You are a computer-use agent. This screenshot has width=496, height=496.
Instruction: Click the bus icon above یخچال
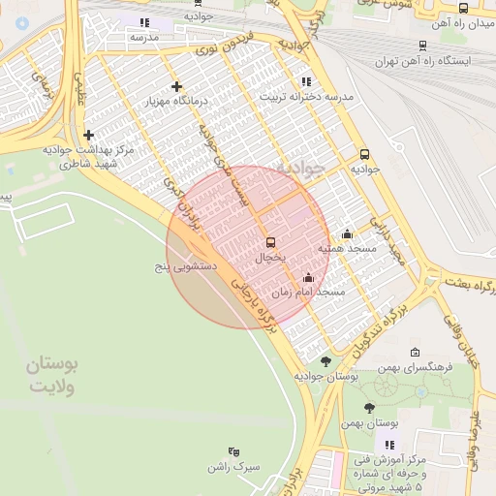click(270, 242)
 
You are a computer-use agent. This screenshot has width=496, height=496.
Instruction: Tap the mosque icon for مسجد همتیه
click(348, 233)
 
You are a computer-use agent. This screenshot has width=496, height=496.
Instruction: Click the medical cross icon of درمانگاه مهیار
click(176, 86)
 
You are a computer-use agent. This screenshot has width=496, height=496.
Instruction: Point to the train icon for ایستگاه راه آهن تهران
click(422, 45)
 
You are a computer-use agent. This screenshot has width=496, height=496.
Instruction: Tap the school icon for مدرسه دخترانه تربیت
click(307, 81)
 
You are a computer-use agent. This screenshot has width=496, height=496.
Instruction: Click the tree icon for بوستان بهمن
click(369, 408)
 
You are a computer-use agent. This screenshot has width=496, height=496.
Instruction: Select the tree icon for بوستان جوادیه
click(325, 360)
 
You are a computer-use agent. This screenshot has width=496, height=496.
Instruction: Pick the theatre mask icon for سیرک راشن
click(232, 451)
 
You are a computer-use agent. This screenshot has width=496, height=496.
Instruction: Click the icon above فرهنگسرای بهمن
click(416, 353)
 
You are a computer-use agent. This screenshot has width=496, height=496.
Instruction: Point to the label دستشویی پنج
click(188, 264)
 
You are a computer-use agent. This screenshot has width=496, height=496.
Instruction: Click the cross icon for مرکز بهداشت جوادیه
click(89, 135)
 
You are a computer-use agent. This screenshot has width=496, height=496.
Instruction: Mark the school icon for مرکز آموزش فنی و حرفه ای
click(390, 445)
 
